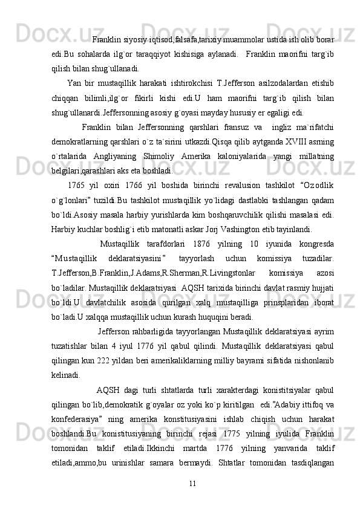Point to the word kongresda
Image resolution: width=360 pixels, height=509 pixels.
313,244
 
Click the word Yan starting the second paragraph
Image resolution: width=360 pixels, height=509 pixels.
74,83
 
